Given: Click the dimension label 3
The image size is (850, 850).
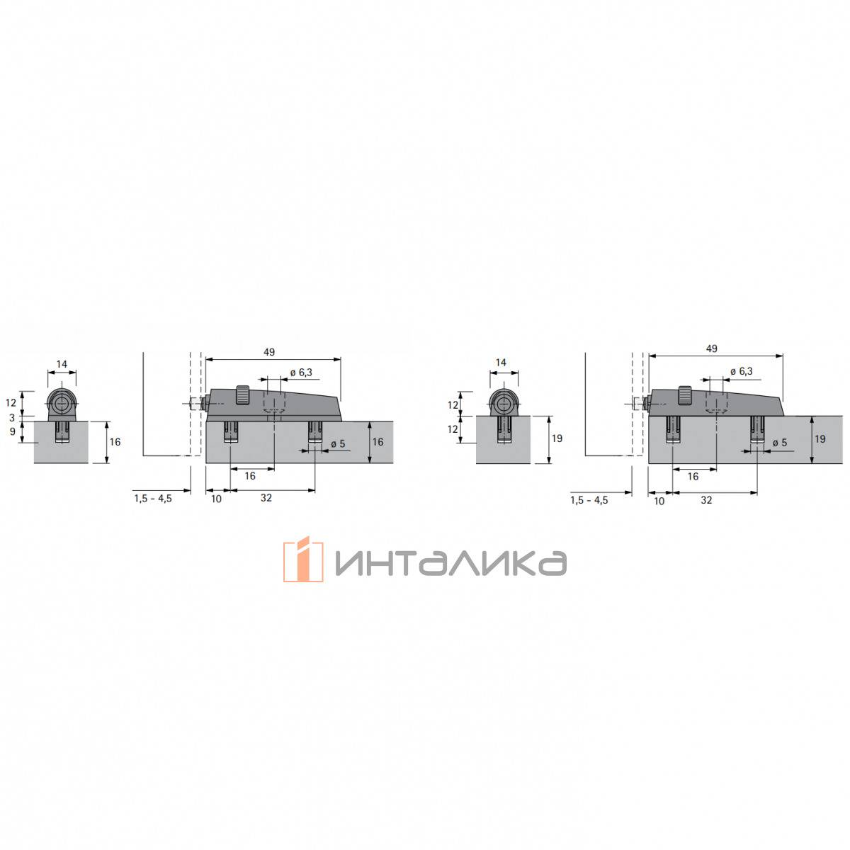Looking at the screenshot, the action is coord(12,417).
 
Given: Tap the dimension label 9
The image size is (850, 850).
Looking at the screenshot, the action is coord(12,431).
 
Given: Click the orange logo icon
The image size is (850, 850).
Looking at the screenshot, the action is coord(303,559).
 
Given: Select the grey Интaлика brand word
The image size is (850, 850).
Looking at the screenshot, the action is coord(450,563).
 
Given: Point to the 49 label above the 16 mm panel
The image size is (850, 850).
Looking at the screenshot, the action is coord(269,352).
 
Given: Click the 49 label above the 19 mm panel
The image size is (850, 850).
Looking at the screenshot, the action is coord(711,348).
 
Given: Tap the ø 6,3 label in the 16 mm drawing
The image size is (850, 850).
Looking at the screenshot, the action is coord(301,373).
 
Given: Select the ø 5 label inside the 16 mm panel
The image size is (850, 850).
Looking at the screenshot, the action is coord(338,443).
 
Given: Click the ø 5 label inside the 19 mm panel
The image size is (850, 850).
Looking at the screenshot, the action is coord(779,443).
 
